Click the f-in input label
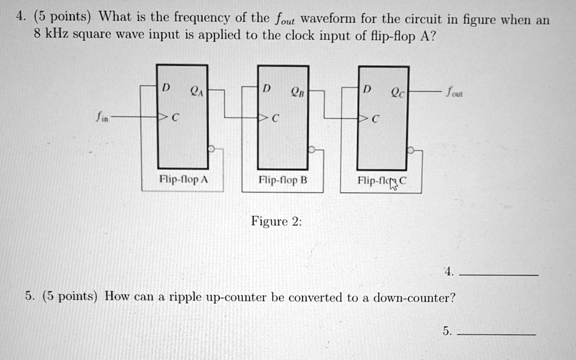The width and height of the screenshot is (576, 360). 102,117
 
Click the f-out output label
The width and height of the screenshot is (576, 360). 454,92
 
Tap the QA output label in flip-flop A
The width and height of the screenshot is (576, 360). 196,91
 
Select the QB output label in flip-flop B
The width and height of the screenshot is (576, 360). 298,92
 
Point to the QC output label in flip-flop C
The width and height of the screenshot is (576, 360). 398,93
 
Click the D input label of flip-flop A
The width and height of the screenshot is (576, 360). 166,87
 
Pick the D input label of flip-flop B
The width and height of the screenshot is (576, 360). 267,88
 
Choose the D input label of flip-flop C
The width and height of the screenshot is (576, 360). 367,89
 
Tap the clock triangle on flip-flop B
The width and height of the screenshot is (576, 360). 263,118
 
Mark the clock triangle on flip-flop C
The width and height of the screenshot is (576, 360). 363,118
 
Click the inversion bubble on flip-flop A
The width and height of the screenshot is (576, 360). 211,148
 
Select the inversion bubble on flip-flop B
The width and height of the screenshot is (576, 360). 312,149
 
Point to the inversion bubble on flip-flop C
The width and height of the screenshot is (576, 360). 411,150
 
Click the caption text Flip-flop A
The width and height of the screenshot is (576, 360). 184,179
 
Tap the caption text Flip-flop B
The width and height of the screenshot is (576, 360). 283,180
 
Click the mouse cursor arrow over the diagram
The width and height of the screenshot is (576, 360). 393,184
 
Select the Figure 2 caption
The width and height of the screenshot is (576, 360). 276,222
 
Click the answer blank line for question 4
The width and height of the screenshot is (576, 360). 498,274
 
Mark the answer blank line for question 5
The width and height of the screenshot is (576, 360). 496,334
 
